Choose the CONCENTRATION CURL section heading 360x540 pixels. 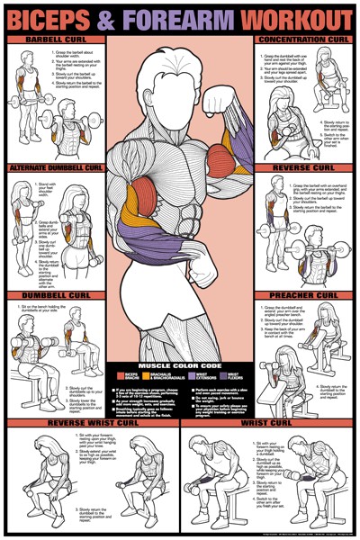[x=303, y=40]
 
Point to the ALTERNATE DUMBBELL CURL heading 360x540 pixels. [x=54, y=167]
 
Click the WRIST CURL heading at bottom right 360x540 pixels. [x=270, y=422]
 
